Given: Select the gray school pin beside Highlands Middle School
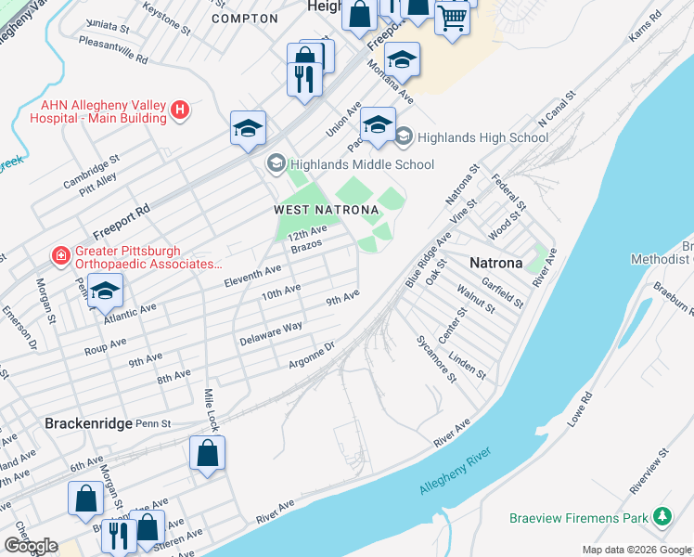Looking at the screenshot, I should point(276,164).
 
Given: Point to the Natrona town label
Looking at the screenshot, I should point(496,263).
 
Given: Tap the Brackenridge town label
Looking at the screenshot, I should point(89,422).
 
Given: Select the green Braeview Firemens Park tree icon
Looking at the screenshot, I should point(662,516).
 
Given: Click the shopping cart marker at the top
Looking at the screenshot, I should point(452,18).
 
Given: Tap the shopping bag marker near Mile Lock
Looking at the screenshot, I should point(208,454).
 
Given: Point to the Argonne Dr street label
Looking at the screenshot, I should point(311,356).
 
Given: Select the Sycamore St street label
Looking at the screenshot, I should point(436,359).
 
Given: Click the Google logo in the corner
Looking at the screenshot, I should point(31,546).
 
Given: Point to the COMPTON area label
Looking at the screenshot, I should point(244,19).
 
